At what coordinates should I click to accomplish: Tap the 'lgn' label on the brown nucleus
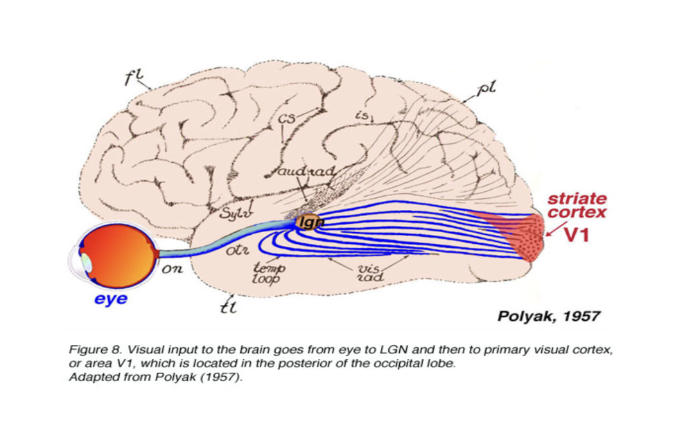point(306,222)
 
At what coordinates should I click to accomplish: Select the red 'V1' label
point(575,235)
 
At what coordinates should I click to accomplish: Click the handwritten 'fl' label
point(132,78)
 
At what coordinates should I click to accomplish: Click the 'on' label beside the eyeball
point(172,270)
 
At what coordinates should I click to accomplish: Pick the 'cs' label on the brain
point(287,119)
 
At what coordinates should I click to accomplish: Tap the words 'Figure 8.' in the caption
point(92,350)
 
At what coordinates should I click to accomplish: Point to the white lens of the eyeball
point(85,263)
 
